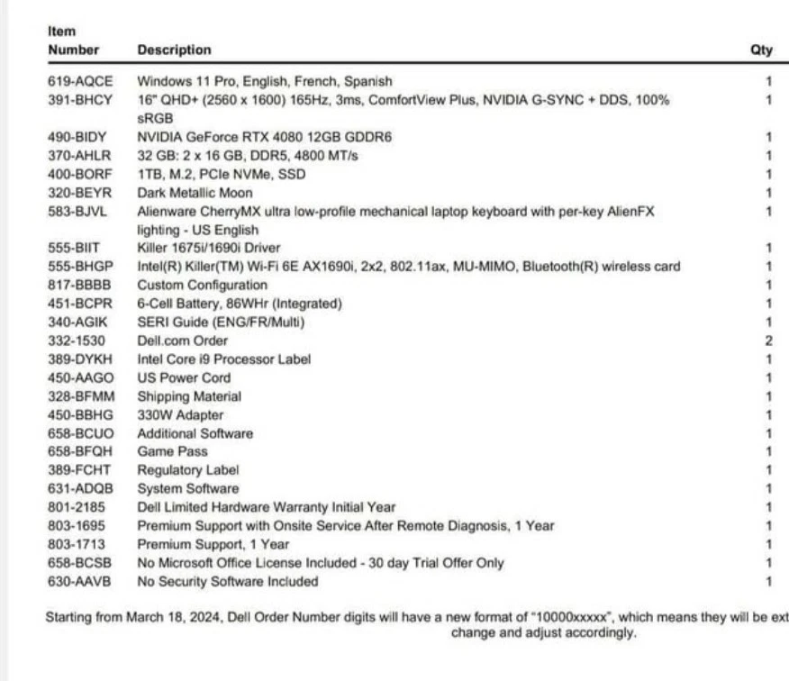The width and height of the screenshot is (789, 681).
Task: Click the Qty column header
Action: tap(761, 50)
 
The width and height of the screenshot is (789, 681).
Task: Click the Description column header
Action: tap(174, 50)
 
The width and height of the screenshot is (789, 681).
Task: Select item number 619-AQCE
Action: tap(80, 81)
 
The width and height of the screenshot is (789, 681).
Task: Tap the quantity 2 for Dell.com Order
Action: tap(768, 340)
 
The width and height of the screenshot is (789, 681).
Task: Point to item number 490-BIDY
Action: tap(77, 137)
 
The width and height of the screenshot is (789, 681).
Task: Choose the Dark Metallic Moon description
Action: tap(195, 193)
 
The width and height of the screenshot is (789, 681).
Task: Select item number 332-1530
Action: tap(76, 340)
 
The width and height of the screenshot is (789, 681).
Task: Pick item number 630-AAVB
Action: tap(79, 581)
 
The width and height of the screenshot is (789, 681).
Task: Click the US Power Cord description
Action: tap(184, 377)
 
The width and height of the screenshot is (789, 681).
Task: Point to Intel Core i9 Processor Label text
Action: tap(224, 359)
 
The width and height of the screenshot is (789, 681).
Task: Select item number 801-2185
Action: tap(76, 507)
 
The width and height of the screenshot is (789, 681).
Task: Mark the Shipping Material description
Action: tap(189, 395)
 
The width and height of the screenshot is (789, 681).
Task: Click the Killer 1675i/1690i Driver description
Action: tap(208, 248)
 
